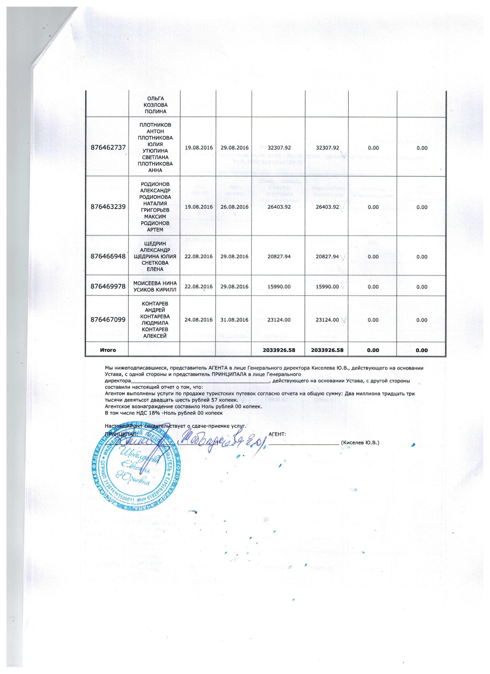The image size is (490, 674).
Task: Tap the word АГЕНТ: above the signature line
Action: tap(277, 434)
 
